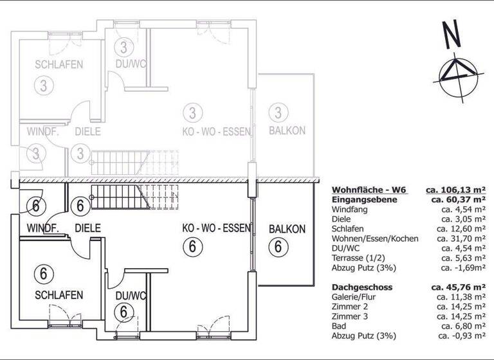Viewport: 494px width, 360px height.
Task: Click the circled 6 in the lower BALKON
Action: coord(278,246)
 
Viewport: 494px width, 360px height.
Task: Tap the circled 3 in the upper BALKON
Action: coord(278,113)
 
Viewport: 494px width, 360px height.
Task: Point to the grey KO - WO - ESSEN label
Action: coord(216,130)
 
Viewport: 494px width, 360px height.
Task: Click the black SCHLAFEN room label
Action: coord(59,295)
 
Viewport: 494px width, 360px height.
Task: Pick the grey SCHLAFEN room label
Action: coord(59,65)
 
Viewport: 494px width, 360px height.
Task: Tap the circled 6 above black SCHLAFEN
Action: coord(43,273)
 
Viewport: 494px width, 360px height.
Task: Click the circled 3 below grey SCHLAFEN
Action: coord(43,85)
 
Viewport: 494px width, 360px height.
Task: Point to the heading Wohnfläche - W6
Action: coord(368,190)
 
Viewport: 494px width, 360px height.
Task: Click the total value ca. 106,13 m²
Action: coord(455,190)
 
